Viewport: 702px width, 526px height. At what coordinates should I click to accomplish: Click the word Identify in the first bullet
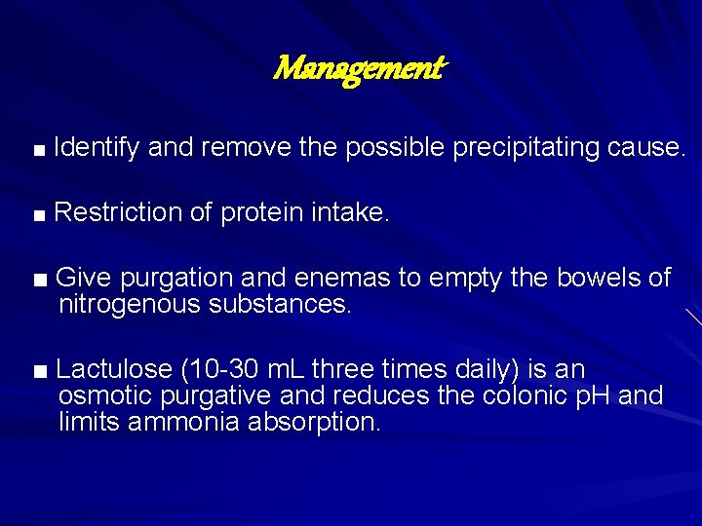pyautogui.click(x=97, y=148)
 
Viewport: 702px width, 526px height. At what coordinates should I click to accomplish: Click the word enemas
pyautogui.click(x=342, y=279)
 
